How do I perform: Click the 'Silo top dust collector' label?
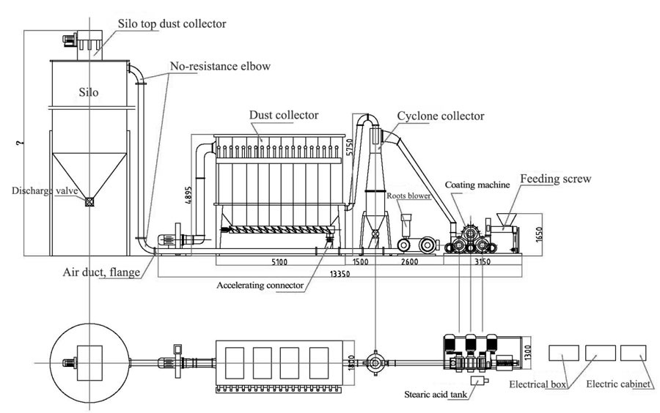[172, 23]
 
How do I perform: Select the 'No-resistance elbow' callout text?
[220, 67]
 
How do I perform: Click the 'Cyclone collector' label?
[441, 116]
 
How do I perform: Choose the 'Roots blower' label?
[409, 196]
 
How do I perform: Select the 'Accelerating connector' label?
[260, 285]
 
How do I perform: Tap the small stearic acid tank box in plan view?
[480, 381]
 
